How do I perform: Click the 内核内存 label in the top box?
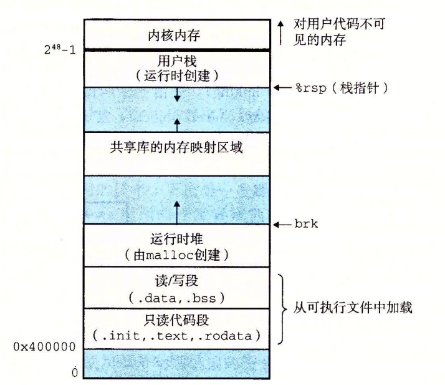tap(174, 36)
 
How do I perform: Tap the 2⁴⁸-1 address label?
tap(60, 49)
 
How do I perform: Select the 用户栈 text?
tap(177, 61)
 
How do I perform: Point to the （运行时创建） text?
tap(177, 76)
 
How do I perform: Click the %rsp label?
tap(311, 88)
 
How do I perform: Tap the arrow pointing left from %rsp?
tap(283, 88)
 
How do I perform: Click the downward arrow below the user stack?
tap(177, 95)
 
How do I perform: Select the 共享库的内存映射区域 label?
tap(176, 147)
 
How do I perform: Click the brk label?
tap(306, 224)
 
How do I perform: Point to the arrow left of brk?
tap(283, 225)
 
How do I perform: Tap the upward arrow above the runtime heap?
tap(177, 213)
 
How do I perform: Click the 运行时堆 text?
tap(176, 239)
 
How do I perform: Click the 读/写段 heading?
tap(176, 281)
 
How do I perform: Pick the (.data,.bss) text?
tap(176, 298)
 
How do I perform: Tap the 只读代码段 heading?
tap(176, 320)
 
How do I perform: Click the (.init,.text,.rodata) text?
tap(176, 336)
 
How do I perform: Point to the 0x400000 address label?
tap(44, 347)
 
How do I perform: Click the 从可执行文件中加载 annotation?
tap(353, 308)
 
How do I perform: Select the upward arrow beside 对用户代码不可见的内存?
tap(280, 32)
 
